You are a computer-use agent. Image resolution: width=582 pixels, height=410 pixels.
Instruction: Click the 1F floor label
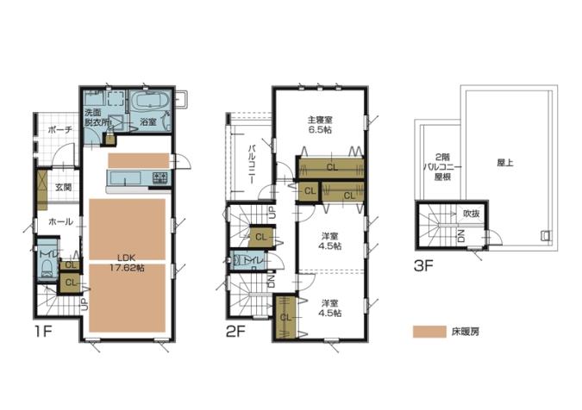point(43,332)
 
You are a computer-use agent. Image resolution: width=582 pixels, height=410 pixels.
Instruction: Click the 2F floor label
point(235,332)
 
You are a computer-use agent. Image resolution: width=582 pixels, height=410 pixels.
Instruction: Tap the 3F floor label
point(424,265)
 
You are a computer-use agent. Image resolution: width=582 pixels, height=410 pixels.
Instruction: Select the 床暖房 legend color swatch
point(429,332)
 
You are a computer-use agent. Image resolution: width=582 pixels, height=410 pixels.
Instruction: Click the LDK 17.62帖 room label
point(127,263)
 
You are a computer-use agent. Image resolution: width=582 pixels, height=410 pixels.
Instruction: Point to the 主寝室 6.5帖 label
point(320,125)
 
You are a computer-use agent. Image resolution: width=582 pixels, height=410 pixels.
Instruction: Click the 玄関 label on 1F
point(64,187)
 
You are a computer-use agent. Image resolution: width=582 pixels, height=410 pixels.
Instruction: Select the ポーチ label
point(59,130)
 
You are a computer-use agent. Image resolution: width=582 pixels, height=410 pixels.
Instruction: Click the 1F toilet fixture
point(47,268)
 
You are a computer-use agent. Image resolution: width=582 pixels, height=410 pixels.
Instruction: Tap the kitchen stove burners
point(160,177)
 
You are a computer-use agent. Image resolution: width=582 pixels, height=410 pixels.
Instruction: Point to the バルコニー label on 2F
point(252,165)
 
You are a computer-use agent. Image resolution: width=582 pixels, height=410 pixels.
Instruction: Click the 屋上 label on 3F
point(505,163)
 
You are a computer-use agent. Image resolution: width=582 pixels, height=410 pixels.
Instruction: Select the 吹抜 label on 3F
point(471,214)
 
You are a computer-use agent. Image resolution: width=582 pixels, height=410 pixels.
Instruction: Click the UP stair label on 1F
point(85,304)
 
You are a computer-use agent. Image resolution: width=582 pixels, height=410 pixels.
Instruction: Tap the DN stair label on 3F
point(461,236)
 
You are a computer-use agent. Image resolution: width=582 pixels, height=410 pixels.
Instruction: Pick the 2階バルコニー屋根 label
point(442,166)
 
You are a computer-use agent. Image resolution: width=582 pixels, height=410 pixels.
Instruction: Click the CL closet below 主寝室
point(332,167)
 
